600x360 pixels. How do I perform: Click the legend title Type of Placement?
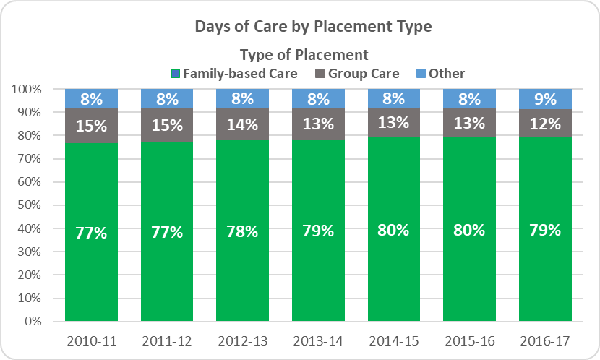tap(304, 55)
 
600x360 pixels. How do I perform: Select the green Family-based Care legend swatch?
tap(175, 74)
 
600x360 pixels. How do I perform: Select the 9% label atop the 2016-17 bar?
tap(545, 100)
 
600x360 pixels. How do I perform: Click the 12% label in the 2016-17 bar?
tap(545, 124)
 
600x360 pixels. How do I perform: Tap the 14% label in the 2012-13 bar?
tap(241, 124)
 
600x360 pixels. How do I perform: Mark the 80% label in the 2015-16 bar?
tap(469, 231)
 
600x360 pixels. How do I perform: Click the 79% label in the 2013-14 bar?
tap(317, 231)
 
